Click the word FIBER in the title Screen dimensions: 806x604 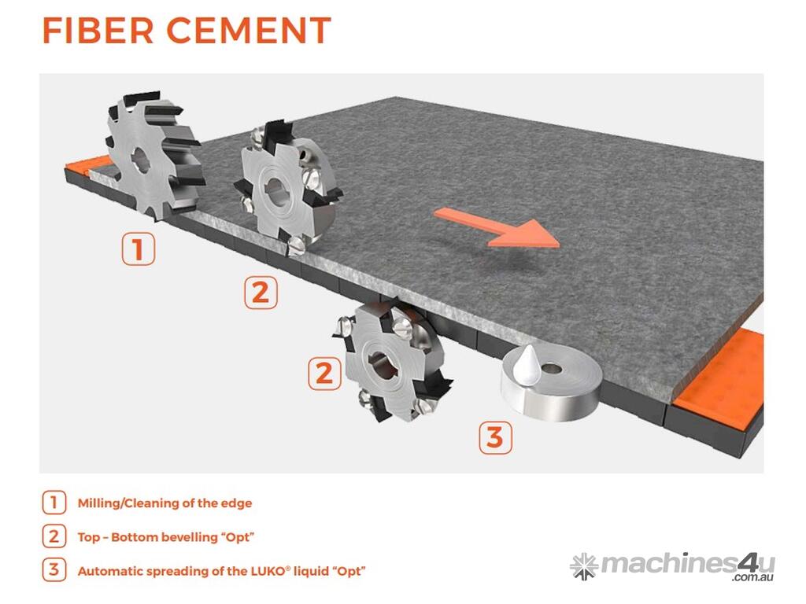coord(98,31)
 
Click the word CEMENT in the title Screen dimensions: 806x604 coord(249,31)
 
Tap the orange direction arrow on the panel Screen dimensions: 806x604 coord(497,227)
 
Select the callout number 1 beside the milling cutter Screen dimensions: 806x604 coord(139,249)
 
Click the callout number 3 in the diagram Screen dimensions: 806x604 coord(495,437)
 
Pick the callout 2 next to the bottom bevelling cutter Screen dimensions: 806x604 coord(324,374)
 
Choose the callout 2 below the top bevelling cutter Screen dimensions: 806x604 coord(261,293)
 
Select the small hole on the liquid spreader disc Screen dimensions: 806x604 coord(553,368)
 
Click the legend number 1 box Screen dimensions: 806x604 coord(54,503)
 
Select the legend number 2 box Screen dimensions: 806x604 coord(54,536)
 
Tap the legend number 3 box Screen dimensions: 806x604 coord(54,570)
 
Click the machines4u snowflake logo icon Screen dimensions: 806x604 coord(584,565)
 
